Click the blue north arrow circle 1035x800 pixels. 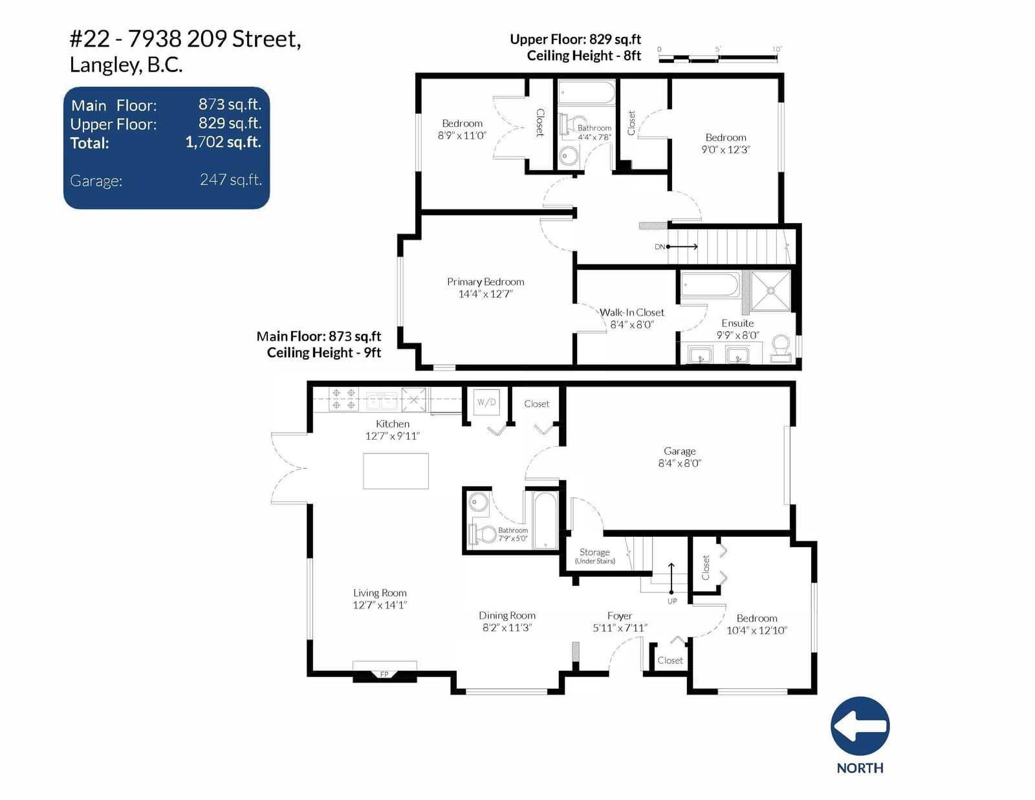tap(860, 726)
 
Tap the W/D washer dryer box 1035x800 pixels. tap(486, 402)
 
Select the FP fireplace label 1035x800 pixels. tap(384, 675)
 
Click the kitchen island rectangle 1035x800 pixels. tap(396, 471)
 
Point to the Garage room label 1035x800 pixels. tap(680, 451)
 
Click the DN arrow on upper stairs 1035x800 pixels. tap(682, 246)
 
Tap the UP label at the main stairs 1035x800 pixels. tap(671, 601)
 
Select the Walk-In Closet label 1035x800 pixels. tap(631, 312)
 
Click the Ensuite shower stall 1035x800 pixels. tap(770, 291)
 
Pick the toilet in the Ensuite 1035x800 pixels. tap(780, 348)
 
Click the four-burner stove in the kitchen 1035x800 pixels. tap(343, 399)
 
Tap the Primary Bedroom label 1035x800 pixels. tap(485, 282)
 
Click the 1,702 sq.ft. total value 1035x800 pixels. tap(223, 142)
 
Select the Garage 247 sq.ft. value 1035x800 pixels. tap(230, 180)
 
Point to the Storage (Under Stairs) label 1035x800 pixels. tap(594, 556)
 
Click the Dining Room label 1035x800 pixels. tap(507, 615)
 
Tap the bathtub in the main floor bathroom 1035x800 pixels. tap(545, 520)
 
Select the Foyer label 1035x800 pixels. tap(620, 616)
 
